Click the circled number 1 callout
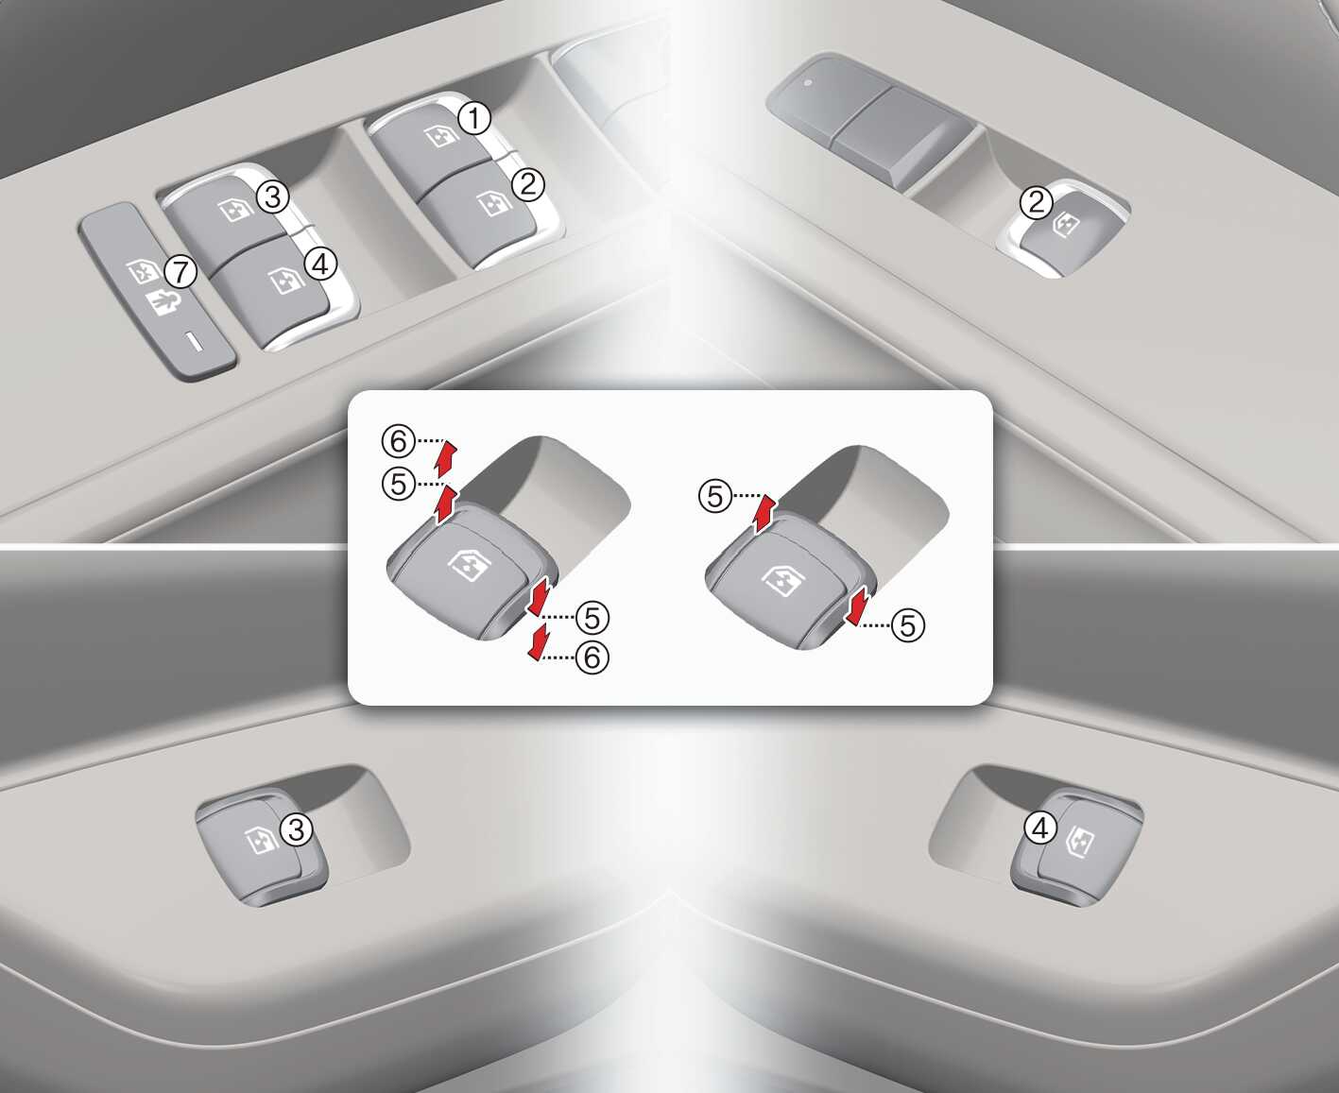474,119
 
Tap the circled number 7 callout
180,273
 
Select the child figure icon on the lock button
163,303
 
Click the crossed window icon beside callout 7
143,271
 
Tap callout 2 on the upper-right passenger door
1037,202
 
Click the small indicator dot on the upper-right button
808,83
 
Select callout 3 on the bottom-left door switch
297,828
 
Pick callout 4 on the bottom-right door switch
1040,828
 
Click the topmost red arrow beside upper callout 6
446,458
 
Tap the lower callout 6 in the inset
592,657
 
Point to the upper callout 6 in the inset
398,441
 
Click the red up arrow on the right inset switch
764,514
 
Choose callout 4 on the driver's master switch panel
320,264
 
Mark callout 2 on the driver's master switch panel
527,184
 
